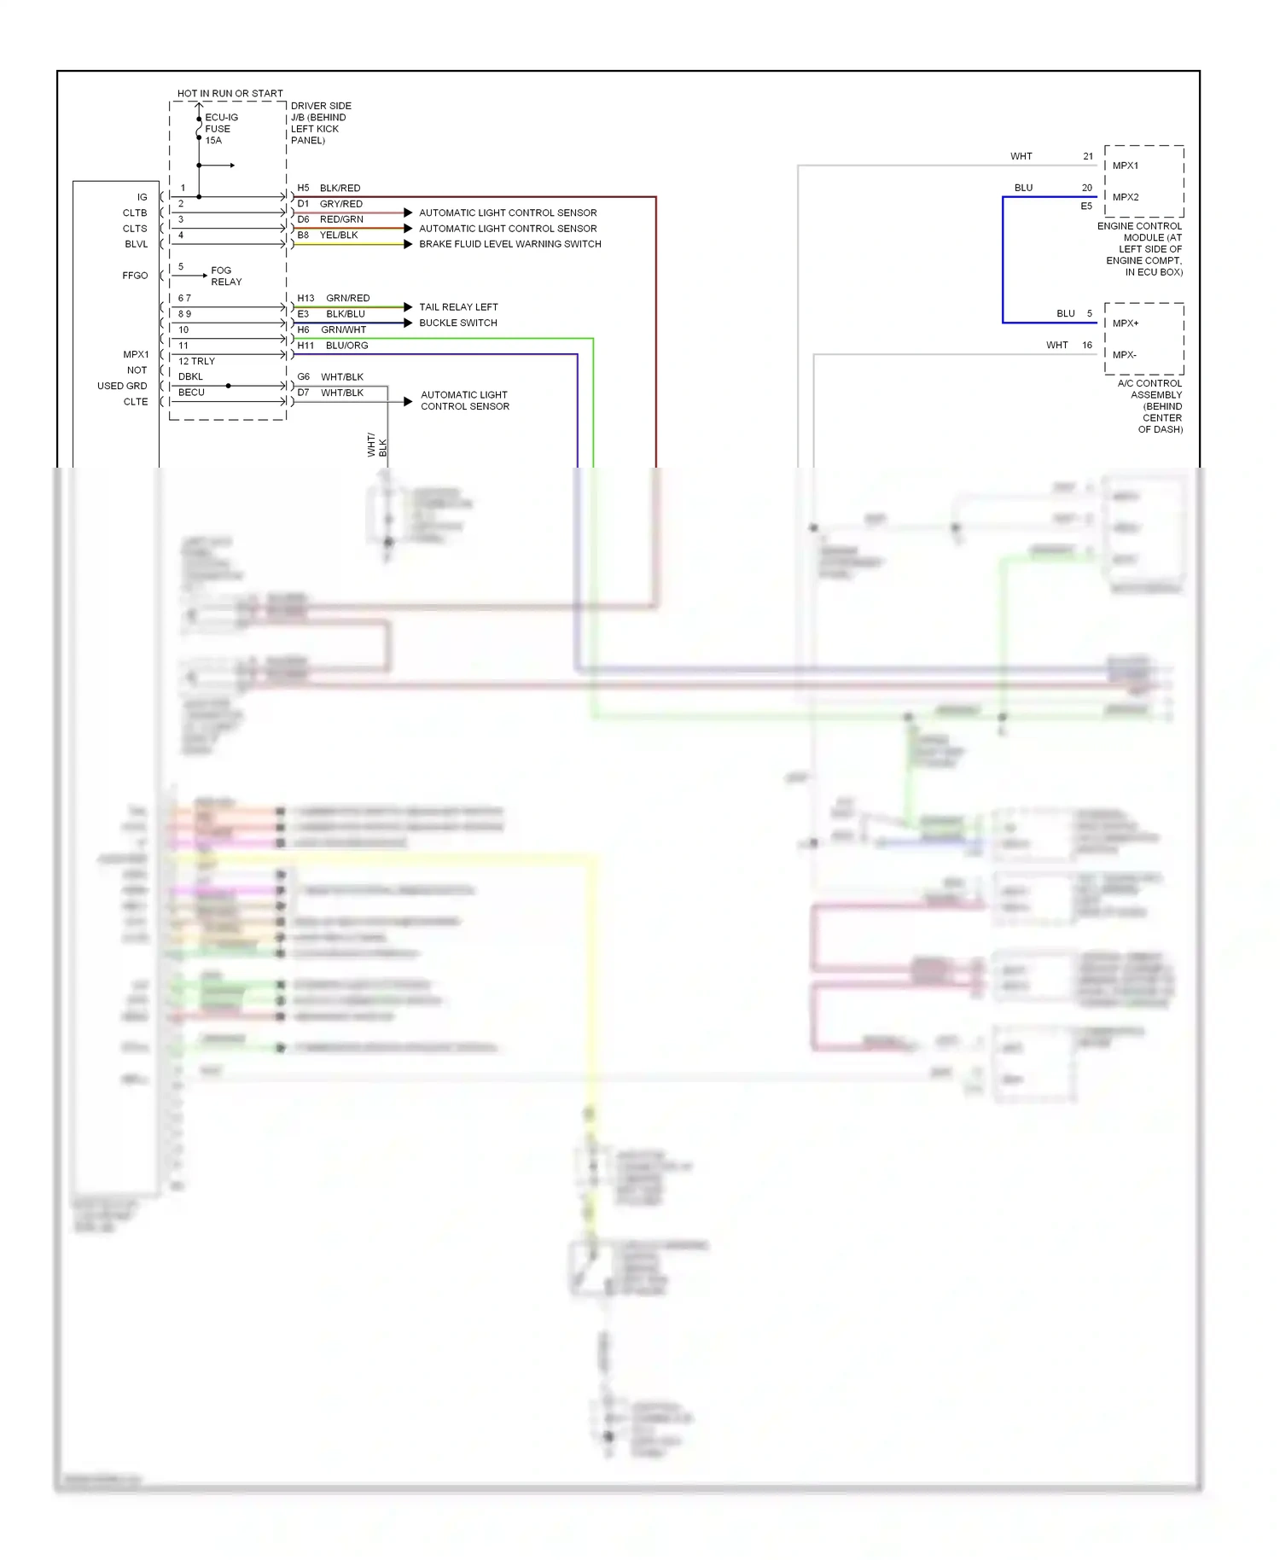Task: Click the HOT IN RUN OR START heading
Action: point(230,93)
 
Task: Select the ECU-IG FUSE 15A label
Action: point(220,129)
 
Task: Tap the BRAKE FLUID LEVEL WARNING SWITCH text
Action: point(509,244)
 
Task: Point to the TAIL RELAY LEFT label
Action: point(458,307)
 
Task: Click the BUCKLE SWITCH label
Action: point(457,323)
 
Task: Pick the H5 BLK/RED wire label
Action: point(329,188)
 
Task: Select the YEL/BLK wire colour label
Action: point(339,235)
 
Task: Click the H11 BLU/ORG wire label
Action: point(333,346)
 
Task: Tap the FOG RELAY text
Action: point(226,276)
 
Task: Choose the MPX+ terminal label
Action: point(1125,323)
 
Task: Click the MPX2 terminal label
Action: point(1125,197)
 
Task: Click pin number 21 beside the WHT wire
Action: point(1088,156)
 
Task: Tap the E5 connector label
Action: point(1085,207)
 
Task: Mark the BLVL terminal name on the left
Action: point(136,244)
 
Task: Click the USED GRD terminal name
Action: point(122,386)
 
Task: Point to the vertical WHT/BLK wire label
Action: point(376,445)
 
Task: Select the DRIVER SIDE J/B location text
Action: point(319,123)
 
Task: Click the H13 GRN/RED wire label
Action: point(333,298)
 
